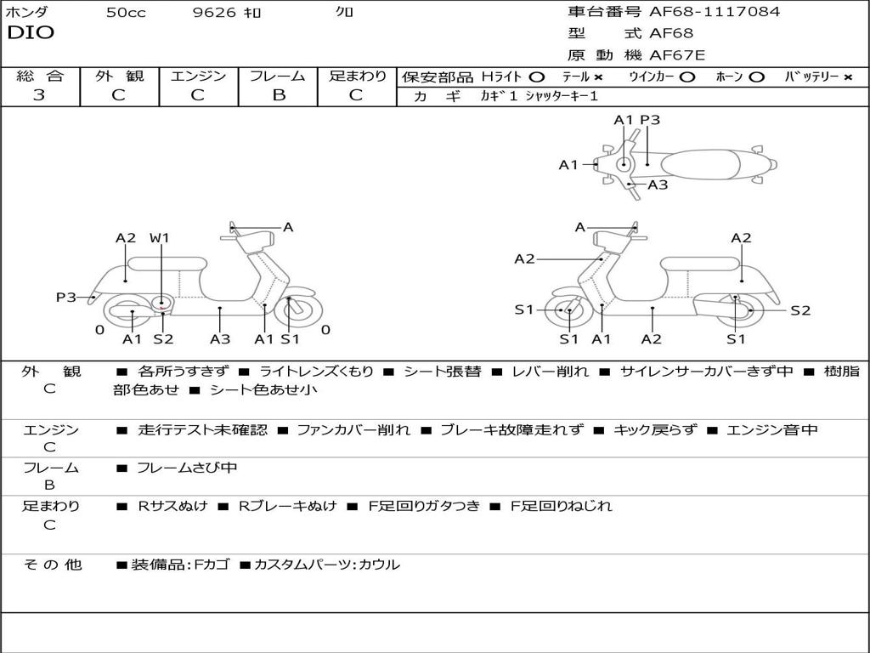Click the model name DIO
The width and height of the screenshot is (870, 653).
click(x=31, y=33)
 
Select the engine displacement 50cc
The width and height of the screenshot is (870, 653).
click(x=126, y=13)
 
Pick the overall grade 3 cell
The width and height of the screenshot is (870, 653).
click(x=39, y=95)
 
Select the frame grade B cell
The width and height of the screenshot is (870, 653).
click(x=278, y=95)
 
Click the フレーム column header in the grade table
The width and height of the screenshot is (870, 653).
click(x=278, y=77)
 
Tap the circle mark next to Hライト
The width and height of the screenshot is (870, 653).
click(x=536, y=77)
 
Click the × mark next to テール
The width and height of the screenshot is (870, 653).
click(x=598, y=77)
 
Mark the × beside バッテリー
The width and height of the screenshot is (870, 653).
click(x=847, y=77)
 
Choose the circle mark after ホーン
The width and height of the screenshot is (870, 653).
click(x=756, y=77)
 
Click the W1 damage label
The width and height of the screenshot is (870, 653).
click(x=160, y=238)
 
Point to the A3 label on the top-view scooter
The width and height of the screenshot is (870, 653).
click(x=658, y=185)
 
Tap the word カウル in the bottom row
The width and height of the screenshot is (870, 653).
click(x=381, y=565)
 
